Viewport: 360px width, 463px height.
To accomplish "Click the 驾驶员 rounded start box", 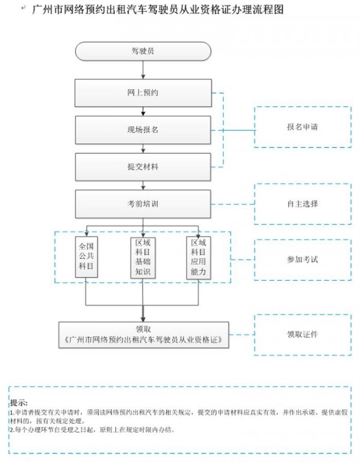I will [143, 51].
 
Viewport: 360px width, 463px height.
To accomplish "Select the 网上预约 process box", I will [143, 93].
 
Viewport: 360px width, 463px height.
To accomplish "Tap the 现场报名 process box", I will [143, 130].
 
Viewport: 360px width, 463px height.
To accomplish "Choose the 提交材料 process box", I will [143, 167].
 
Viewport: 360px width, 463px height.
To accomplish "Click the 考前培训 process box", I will [143, 204].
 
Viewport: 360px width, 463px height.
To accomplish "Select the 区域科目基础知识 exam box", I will [142, 258].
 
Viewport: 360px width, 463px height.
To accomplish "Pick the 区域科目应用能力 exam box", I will [199, 258].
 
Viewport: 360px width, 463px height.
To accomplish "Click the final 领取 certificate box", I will [143, 335].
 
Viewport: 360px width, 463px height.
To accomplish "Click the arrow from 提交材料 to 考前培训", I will [143, 185].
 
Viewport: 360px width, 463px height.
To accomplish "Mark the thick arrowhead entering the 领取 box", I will [143, 317].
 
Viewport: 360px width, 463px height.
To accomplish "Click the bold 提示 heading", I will [19, 403].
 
